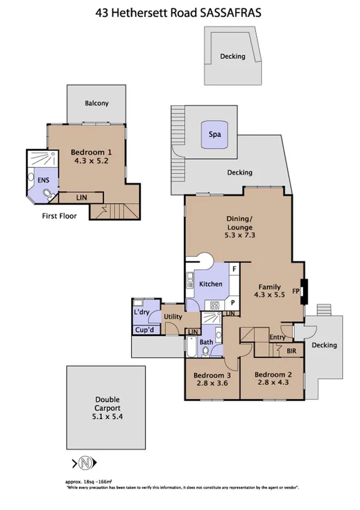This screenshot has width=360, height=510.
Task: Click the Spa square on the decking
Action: tap(214, 136)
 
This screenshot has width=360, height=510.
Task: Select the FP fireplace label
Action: tap(295, 291)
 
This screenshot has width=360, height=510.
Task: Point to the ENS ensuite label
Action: tap(43, 180)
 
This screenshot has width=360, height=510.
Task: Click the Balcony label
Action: tap(97, 103)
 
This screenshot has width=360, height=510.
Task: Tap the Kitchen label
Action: tap(211, 284)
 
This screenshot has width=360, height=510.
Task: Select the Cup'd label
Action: tap(144, 331)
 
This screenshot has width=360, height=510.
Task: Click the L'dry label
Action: tap(141, 313)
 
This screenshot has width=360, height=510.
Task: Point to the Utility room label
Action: tap(172, 316)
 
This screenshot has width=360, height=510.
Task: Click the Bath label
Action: tap(206, 342)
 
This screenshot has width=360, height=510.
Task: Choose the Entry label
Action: tap(278, 337)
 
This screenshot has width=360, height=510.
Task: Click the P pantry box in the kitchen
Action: tap(232, 303)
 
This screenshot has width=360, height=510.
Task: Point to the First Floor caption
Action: tap(59, 215)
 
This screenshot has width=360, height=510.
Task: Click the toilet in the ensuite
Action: tap(48, 194)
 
